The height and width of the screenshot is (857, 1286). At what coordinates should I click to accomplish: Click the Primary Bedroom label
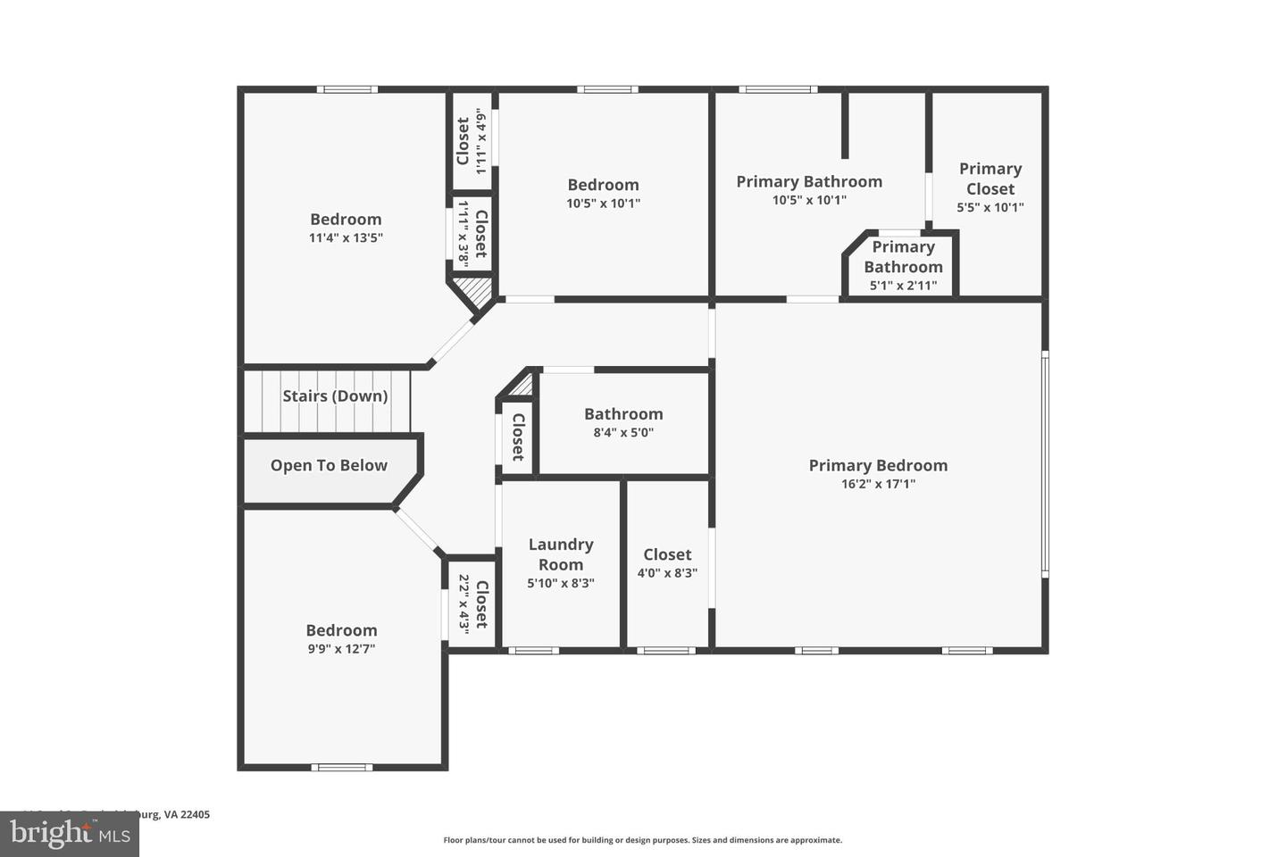click(878, 465)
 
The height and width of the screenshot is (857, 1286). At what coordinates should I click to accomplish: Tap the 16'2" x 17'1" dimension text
click(878, 485)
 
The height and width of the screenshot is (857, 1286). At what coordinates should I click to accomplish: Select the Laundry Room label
click(561, 554)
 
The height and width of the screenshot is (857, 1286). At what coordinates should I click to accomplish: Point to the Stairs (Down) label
click(335, 395)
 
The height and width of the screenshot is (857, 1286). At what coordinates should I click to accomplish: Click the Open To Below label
click(329, 465)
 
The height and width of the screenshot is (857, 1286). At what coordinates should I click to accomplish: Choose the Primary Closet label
click(990, 179)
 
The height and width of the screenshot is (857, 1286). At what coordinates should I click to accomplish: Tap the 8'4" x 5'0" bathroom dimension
click(623, 433)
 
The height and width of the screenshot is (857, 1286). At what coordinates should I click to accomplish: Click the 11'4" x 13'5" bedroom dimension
click(346, 238)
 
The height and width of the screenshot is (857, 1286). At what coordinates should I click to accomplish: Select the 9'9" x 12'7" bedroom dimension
click(341, 649)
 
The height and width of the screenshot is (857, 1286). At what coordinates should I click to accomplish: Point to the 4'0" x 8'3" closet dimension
click(667, 573)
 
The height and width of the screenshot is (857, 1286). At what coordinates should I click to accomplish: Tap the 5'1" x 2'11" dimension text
click(903, 286)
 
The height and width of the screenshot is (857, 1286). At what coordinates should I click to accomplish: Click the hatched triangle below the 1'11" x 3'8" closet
click(473, 290)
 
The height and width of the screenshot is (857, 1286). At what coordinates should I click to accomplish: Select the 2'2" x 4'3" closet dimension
click(463, 603)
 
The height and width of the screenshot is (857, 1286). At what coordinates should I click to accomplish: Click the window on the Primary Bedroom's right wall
click(1045, 464)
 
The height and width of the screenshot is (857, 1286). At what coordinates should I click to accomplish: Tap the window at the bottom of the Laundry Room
click(533, 650)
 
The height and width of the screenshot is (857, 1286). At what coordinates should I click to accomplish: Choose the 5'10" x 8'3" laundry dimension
click(561, 583)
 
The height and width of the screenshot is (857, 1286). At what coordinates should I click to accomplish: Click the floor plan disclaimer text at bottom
click(642, 840)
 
